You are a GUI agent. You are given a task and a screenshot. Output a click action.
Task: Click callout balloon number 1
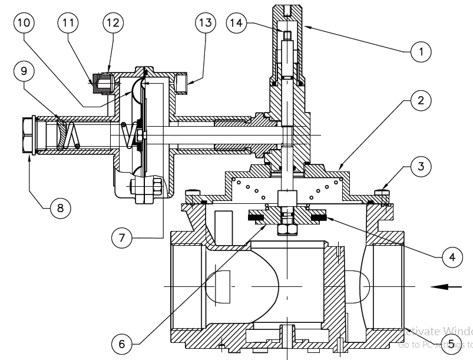[x=420, y=52]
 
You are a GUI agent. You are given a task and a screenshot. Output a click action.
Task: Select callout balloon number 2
[x=420, y=100]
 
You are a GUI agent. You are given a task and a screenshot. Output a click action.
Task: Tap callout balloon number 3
[x=420, y=167]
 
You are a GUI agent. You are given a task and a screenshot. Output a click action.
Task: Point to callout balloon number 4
[x=449, y=257]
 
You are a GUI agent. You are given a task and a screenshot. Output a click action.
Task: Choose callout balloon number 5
[x=451, y=343]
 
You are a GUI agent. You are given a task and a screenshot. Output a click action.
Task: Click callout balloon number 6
[x=121, y=343]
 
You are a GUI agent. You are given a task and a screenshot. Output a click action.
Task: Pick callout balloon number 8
[x=59, y=207]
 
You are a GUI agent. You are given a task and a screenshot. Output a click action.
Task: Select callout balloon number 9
[x=24, y=71]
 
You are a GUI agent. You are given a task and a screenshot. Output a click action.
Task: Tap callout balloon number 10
[x=24, y=23]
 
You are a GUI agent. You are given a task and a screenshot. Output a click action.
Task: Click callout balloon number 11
[x=68, y=23]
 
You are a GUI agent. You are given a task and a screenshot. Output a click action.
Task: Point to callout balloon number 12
[x=113, y=23]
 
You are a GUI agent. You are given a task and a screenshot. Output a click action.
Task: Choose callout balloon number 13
[x=204, y=23]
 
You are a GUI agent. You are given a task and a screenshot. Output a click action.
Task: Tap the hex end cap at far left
[x=28, y=137]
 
